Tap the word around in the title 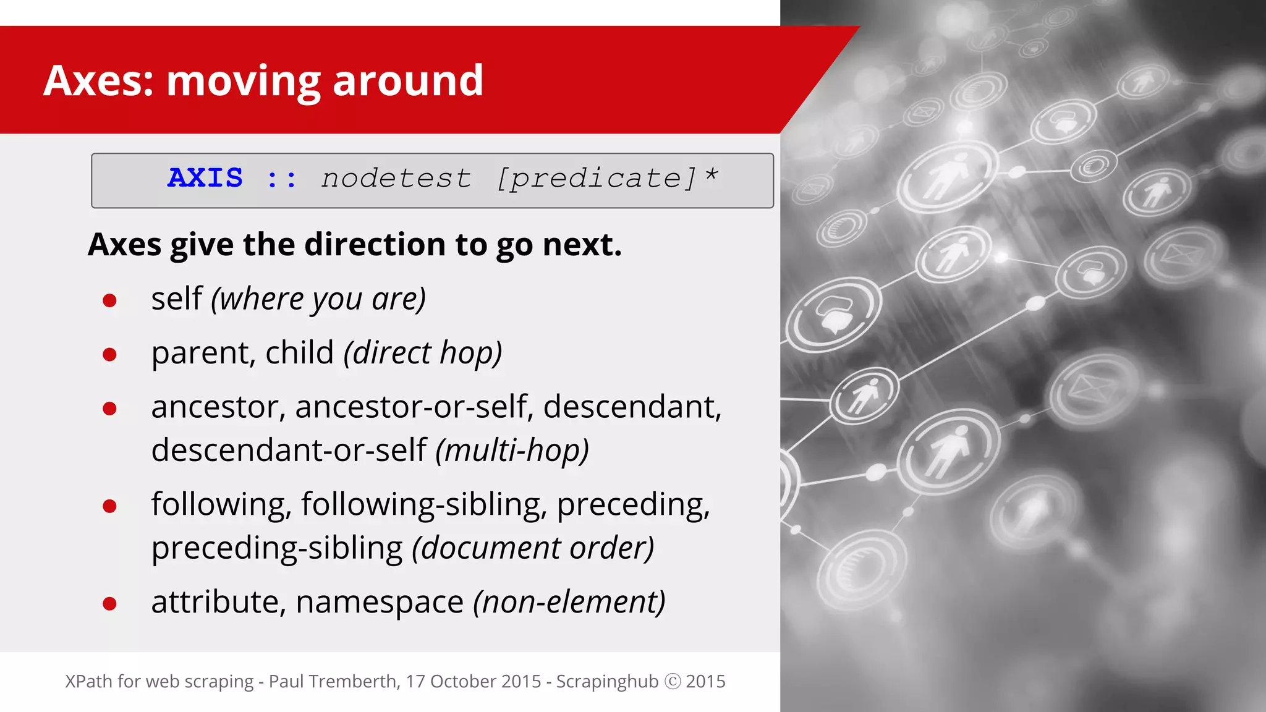[408, 81]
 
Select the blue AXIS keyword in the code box [205, 178]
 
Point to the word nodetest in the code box [396, 179]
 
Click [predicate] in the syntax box [597, 179]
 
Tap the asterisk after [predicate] [712, 176]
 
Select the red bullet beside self [110, 300]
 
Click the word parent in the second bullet [203, 354]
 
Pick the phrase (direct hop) [423, 354]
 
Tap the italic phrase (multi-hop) [512, 450]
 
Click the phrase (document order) [533, 548]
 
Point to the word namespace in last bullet [380, 602]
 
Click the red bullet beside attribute [110, 603]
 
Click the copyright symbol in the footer [672, 681]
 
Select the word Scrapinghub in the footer [607, 681]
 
